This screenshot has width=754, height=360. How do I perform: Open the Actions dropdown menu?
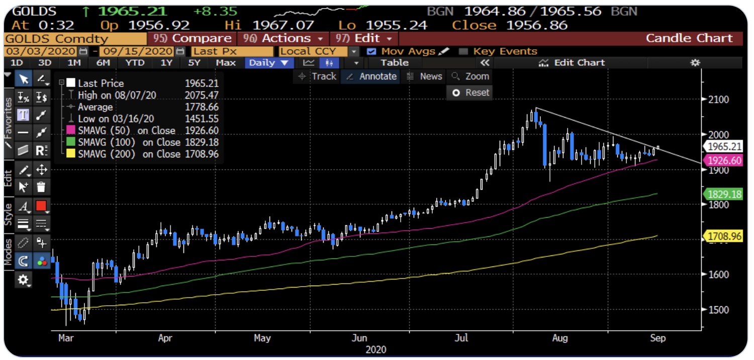282,38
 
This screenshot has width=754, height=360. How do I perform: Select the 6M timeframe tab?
103,62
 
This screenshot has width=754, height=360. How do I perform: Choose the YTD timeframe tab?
134,62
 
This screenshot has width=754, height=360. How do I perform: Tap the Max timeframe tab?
226,62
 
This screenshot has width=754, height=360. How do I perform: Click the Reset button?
470,93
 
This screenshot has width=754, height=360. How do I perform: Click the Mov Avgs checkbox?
371,51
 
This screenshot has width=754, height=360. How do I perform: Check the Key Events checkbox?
463,51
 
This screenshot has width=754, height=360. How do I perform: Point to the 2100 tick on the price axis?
719,99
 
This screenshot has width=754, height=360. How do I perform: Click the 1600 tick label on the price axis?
719,275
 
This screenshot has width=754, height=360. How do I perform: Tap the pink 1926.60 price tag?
723,160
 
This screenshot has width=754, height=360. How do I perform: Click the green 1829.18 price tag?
723,194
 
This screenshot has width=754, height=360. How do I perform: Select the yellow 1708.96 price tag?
723,236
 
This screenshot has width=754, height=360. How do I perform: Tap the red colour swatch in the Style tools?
41,206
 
